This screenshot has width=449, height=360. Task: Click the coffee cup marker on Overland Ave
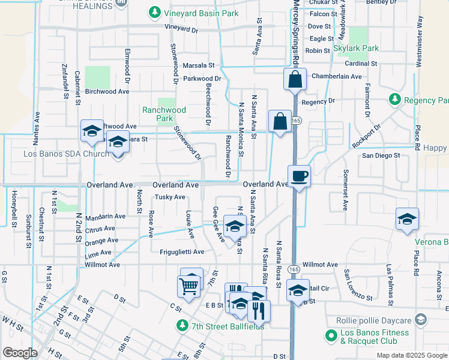tap(299, 176)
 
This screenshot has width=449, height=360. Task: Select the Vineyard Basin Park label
tap(194, 13)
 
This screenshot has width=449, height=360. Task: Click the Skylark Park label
tap(358, 48)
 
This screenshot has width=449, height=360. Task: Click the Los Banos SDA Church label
tap(66, 154)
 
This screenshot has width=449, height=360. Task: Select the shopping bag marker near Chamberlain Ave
tap(295, 79)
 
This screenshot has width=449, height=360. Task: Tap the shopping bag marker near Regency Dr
tap(280, 121)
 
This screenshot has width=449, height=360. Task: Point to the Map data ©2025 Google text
tap(411, 355)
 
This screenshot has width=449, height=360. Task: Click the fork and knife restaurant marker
tap(259, 310)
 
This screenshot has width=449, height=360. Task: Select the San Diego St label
tap(380, 155)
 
